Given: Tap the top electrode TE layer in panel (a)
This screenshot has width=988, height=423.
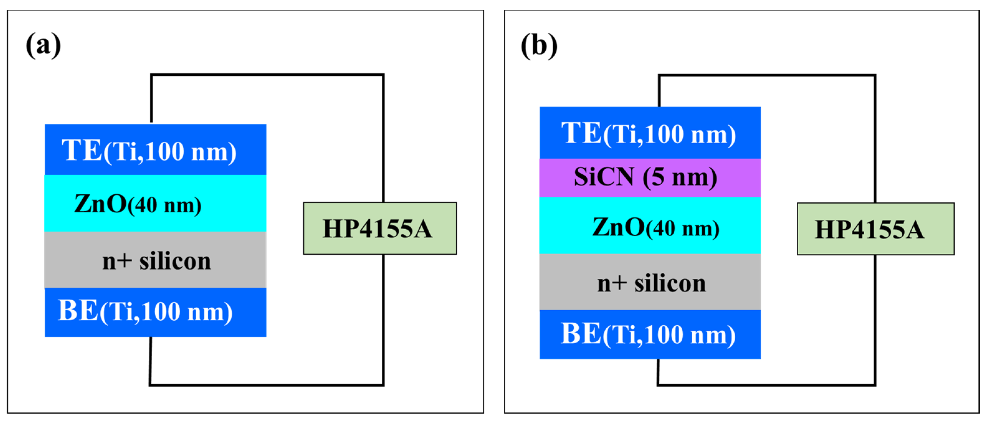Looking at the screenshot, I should coord(155,150).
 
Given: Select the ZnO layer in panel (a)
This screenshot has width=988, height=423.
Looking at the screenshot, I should coord(155,203).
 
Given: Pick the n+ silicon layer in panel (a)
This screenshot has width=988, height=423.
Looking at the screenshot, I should coord(155,260).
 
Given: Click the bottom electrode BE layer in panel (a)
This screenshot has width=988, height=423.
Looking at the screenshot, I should coord(155,312).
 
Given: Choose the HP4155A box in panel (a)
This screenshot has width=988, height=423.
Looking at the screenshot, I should coord(380,229).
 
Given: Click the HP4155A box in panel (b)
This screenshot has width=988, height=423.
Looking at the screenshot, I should coord(875,229).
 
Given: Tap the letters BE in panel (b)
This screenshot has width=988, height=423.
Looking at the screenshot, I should coord(581,334).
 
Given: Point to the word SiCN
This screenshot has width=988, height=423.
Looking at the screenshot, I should coord(604,177).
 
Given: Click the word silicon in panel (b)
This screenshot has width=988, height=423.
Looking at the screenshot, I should coord(670,283).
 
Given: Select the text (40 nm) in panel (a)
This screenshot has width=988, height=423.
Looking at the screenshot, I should coord(164,206).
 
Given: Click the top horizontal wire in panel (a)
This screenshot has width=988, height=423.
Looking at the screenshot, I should coord(267,75).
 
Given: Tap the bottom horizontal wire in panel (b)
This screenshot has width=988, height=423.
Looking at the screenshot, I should coord(766,384).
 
